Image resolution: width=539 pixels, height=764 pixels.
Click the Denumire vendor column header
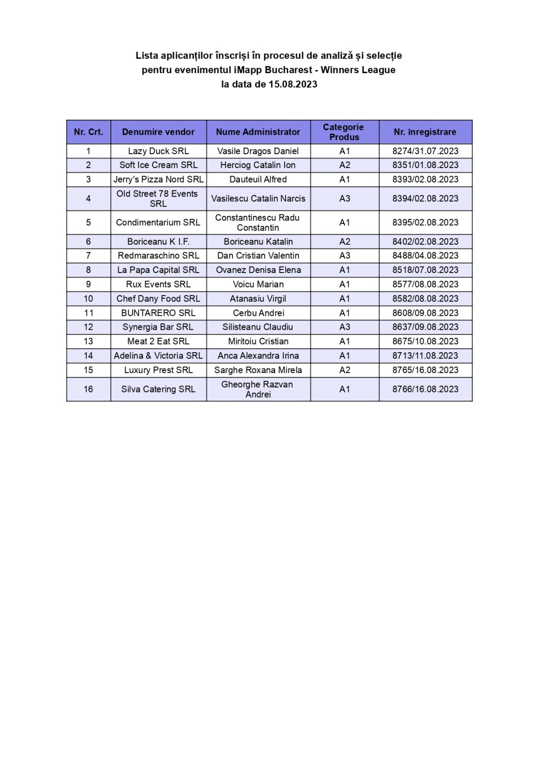(x=158, y=132)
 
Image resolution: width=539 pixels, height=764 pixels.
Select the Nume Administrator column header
(x=258, y=132)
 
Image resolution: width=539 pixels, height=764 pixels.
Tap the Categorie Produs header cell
(x=344, y=132)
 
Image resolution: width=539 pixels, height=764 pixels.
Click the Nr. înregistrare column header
(x=425, y=132)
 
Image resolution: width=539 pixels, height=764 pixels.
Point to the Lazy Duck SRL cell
(x=158, y=151)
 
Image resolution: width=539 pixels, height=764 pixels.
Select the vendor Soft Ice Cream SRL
(x=158, y=165)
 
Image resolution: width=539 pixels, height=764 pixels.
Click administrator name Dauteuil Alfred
(x=258, y=180)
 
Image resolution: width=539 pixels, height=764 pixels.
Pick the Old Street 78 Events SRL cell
(x=158, y=198)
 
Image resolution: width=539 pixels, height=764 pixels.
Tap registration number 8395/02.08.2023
(x=425, y=222)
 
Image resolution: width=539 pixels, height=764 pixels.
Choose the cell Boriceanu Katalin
(x=258, y=242)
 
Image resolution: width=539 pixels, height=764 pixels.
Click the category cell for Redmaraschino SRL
(x=344, y=256)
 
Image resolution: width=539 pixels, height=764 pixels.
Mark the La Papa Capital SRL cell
(x=158, y=270)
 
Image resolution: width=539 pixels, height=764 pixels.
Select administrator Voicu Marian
(x=258, y=285)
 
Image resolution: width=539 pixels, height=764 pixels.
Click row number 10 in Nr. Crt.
(x=88, y=299)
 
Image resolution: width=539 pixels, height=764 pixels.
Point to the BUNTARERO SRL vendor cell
(x=158, y=313)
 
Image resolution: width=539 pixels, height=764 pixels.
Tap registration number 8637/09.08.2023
(x=425, y=327)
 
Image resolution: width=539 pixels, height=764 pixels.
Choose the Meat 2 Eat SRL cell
(x=158, y=342)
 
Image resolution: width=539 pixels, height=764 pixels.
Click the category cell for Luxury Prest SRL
(x=344, y=370)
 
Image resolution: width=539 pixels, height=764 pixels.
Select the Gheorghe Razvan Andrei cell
(x=258, y=389)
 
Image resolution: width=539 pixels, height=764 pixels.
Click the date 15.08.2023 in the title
(x=293, y=84)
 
